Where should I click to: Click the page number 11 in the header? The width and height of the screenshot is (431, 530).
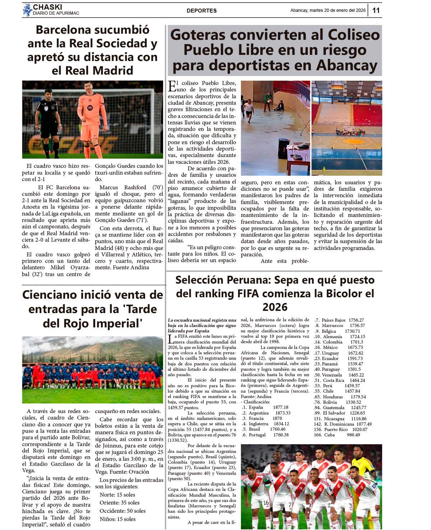(376, 10)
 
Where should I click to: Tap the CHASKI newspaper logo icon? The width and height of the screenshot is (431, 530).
(27, 10)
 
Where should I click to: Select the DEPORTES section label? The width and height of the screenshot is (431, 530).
(201, 11)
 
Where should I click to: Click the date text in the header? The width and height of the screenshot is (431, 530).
(328, 10)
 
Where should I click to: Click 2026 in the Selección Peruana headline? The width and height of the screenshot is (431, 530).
(275, 307)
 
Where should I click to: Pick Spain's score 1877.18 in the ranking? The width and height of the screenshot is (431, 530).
(281, 407)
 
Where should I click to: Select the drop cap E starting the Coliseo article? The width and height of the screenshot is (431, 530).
(172, 86)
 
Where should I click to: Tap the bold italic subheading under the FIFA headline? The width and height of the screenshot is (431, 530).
(202, 325)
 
